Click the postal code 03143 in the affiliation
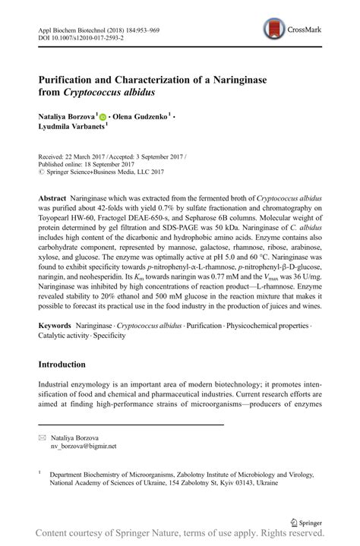238,481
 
